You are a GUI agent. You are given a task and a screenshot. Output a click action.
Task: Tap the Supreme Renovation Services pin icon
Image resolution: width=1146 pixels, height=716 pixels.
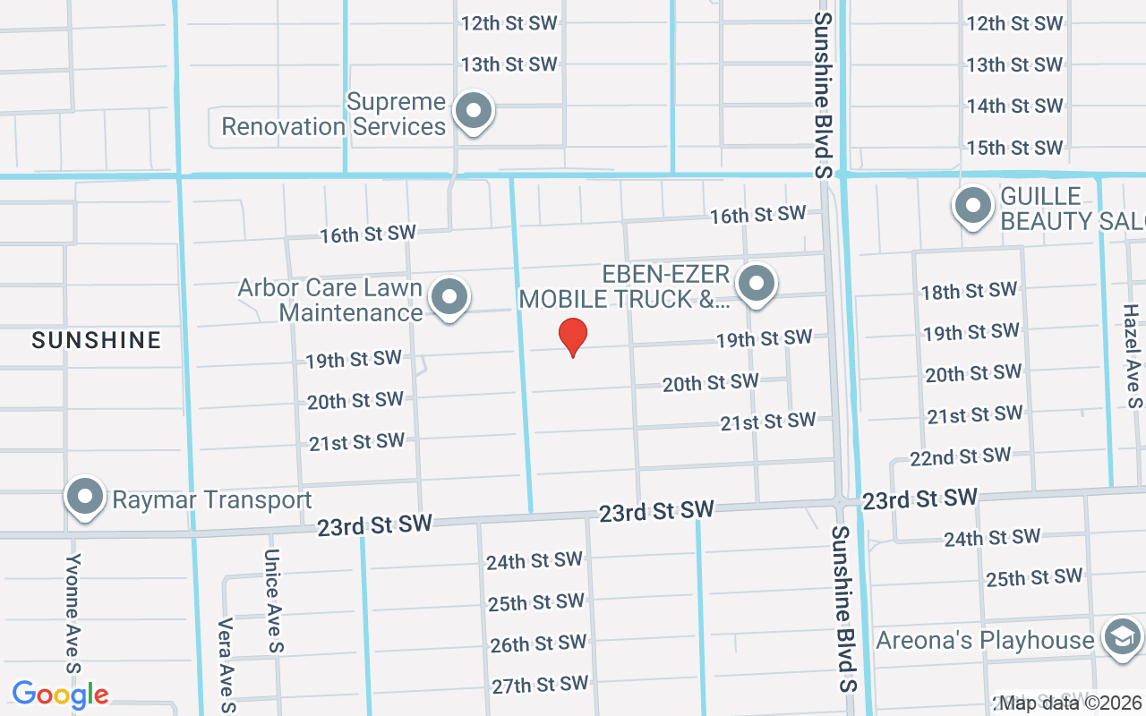tap(474, 113)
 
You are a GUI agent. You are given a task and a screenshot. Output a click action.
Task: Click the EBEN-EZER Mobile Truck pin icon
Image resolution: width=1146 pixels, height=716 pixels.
tap(757, 285)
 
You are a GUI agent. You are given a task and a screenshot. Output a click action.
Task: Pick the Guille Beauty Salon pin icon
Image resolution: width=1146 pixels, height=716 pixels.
tap(973, 207)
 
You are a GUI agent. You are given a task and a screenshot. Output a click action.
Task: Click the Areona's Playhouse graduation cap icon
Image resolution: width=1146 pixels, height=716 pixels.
tap(1124, 638)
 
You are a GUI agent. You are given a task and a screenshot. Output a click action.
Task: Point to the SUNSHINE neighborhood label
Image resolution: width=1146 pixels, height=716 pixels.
tap(97, 340)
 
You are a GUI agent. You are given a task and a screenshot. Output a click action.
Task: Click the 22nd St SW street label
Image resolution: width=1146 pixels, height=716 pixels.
tap(961, 457)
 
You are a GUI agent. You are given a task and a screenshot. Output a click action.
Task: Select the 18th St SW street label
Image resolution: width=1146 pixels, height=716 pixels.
tap(969, 291)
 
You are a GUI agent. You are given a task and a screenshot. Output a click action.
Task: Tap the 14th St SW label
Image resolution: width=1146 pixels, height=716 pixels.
tap(1014, 106)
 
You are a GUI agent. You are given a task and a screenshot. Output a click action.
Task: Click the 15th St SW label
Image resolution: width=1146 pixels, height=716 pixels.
tap(1014, 148)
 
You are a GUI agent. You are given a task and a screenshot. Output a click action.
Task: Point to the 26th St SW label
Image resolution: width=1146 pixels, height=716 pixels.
tap(537, 644)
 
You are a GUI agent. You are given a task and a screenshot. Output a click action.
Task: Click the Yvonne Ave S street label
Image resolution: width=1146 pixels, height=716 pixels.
tap(73, 613)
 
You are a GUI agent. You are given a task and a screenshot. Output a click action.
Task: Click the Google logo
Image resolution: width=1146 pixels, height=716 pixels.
tap(60, 695)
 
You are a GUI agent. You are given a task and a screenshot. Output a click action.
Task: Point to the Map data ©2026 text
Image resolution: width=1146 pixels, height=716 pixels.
tap(1071, 703)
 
